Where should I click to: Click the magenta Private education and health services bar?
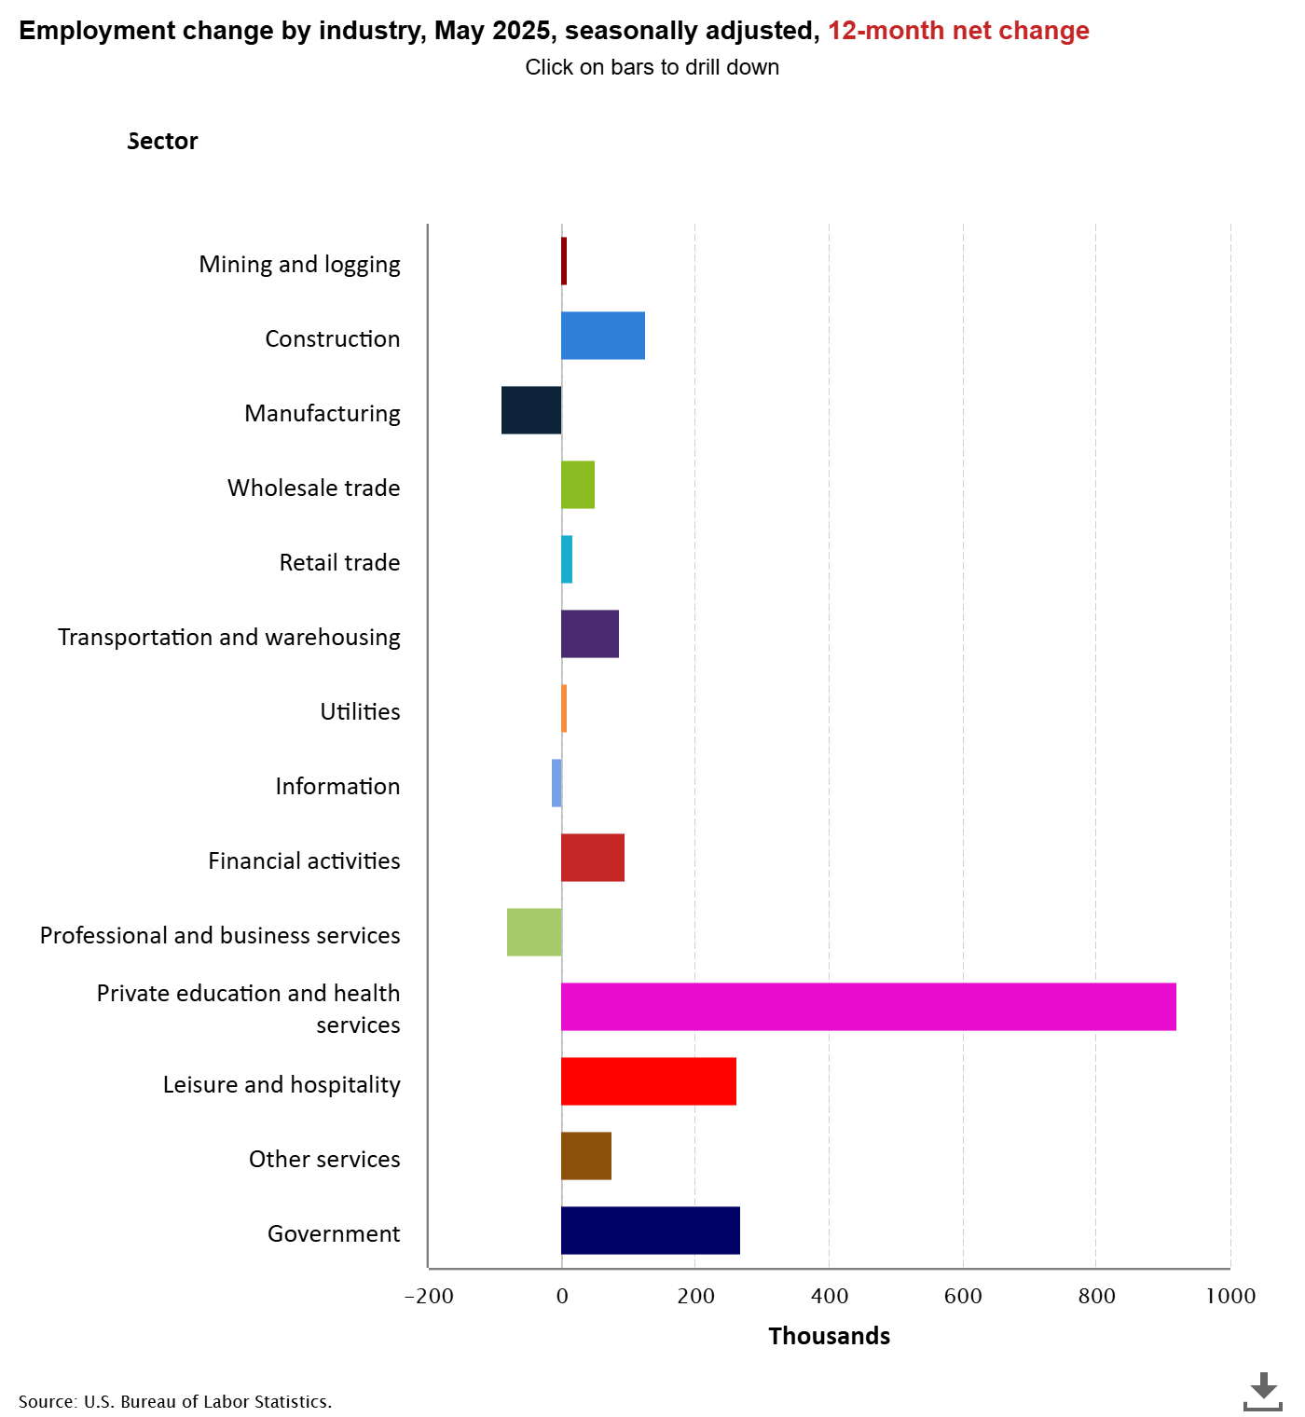point(868,1007)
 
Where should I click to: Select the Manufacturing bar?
point(531,410)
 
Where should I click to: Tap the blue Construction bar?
point(603,336)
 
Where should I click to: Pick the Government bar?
point(651,1231)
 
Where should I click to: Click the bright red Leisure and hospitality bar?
point(649,1081)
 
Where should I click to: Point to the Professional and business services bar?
point(534,932)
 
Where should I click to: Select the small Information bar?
point(556,783)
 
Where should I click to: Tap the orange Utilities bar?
point(564,708)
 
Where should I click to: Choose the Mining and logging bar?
point(564,261)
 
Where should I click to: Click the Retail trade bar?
point(567,559)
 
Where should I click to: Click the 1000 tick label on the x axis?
point(1230,1296)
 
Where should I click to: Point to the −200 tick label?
point(429,1296)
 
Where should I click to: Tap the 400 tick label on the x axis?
point(830,1296)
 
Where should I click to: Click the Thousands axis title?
point(829,1336)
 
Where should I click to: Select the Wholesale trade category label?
point(313,488)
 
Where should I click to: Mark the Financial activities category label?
point(304,860)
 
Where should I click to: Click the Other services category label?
point(324,1159)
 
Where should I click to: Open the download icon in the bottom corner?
point(1263,1391)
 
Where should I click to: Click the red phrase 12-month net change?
point(958,31)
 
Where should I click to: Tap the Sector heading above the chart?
point(163,141)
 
